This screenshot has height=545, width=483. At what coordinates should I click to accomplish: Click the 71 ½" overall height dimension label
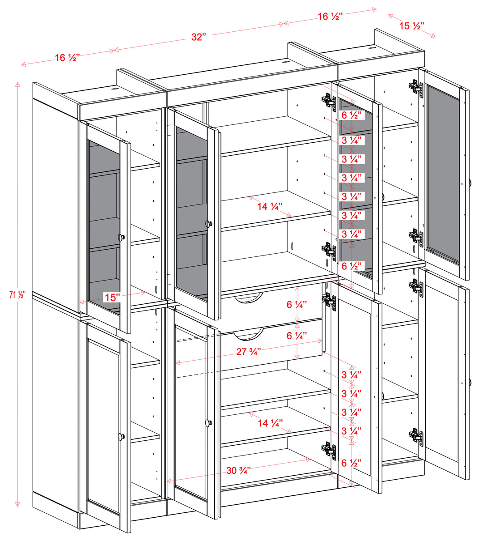pyautogui.click(x=18, y=295)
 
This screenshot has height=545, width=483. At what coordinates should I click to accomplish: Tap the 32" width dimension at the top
pyautogui.click(x=199, y=37)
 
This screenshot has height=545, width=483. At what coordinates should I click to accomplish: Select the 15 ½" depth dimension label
pyautogui.click(x=411, y=26)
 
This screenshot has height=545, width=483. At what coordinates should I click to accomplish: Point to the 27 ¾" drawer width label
pyautogui.click(x=249, y=352)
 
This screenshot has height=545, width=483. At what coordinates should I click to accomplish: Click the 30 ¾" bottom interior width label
pyautogui.click(x=238, y=470)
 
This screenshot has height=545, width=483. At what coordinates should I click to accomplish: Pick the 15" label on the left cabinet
pyautogui.click(x=112, y=297)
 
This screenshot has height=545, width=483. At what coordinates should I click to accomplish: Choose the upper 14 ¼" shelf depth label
pyautogui.click(x=270, y=207)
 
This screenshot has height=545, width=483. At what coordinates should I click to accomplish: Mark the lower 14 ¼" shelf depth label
pyautogui.click(x=270, y=423)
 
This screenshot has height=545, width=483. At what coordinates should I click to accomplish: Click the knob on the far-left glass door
pyautogui.click(x=121, y=237)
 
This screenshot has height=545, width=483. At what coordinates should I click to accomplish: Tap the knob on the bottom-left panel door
pyautogui.click(x=121, y=436)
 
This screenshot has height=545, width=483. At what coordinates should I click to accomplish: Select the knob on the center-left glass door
pyautogui.click(x=208, y=223)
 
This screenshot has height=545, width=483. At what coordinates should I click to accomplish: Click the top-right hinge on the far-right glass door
pyautogui.click(x=416, y=87)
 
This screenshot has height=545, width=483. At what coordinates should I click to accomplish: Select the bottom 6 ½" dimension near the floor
pyautogui.click(x=352, y=463)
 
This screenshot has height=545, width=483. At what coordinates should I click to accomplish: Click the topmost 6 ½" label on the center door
pyautogui.click(x=352, y=115)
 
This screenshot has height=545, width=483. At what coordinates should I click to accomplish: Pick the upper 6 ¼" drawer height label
pyautogui.click(x=297, y=305)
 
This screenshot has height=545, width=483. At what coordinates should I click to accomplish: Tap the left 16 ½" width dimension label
pyautogui.click(x=68, y=58)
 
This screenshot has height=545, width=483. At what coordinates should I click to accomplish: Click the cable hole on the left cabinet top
pyautogui.click(x=114, y=89)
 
